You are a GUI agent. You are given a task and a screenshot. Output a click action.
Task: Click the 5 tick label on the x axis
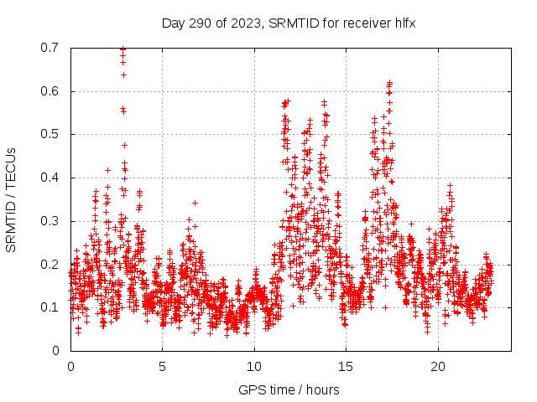click(x=163, y=367)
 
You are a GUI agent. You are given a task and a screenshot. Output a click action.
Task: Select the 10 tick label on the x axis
click(x=254, y=367)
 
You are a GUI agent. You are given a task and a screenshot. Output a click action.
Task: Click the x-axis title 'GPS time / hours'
click(x=289, y=389)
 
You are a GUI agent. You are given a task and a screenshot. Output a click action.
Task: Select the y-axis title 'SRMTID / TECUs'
click(x=11, y=199)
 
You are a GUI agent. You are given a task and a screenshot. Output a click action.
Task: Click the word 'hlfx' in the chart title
click(x=405, y=23)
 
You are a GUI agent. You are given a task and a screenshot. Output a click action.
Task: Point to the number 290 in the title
click(x=199, y=23)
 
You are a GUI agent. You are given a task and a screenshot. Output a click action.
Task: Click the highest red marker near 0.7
click(x=123, y=49)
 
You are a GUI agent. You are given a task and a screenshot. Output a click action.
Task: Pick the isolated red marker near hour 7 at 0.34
click(x=195, y=203)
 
